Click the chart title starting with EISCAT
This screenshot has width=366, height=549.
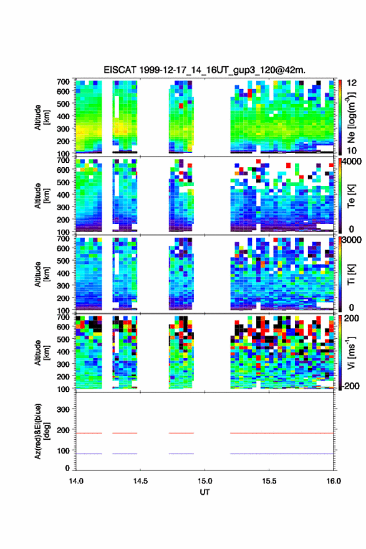205,70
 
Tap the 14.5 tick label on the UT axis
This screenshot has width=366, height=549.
140,481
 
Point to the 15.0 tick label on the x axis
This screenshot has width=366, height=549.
205,481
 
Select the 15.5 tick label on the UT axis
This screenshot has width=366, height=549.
269,481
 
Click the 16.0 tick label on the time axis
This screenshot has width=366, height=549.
334,481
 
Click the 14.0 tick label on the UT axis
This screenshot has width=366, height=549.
76,481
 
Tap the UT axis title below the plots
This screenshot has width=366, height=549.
205,492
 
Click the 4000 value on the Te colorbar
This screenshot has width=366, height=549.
352,162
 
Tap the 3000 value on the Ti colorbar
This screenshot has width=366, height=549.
352,240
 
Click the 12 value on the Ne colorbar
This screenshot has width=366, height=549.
352,83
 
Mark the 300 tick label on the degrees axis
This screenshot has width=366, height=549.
63,409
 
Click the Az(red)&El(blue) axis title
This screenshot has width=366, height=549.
41,431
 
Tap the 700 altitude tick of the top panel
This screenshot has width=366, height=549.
63,82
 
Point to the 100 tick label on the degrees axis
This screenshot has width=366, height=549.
63,450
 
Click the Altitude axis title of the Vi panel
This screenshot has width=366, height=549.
41,352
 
